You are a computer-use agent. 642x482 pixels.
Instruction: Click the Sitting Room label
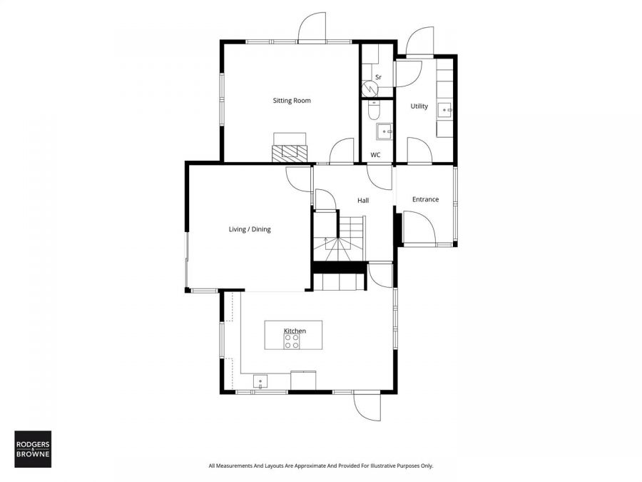(292, 101)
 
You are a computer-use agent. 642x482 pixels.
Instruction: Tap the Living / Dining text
(249, 229)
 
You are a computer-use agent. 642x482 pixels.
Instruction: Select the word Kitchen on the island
(295, 331)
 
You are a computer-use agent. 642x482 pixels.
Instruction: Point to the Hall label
(363, 201)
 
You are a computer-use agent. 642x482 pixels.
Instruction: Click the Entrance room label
(425, 199)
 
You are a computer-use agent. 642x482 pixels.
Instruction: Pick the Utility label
(419, 106)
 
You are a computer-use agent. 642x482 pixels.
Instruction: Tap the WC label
(375, 155)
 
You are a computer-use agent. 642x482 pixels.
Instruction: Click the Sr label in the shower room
(378, 77)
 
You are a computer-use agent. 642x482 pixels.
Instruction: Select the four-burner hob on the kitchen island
(292, 342)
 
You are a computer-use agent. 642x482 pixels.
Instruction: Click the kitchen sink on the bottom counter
(260, 381)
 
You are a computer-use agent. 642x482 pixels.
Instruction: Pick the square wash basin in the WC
(384, 131)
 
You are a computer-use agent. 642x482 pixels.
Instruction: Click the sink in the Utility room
(445, 109)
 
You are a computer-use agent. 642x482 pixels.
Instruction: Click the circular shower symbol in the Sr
(370, 88)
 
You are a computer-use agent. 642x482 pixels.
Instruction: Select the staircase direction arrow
(325, 242)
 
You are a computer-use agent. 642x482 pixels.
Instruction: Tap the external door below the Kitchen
(367, 406)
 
